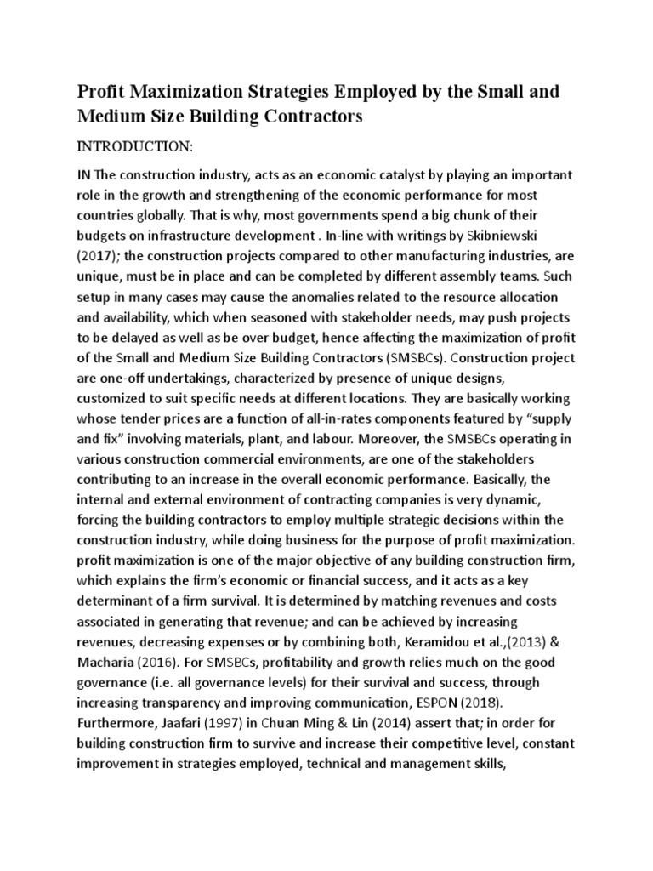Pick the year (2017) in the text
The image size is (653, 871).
[99, 255]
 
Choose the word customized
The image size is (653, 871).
[116, 398]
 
